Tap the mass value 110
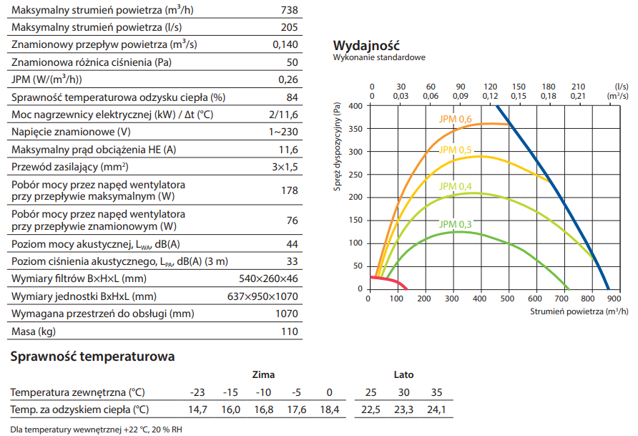pos(290,332)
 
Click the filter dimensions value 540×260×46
pos(268,278)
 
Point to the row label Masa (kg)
pos(34,332)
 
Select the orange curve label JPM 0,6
pos(456,119)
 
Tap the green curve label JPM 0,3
pos(456,224)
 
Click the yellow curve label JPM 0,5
pos(456,150)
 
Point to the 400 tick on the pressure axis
pos(355,106)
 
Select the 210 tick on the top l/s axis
pos(579,86)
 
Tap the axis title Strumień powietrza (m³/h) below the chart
pos(579,312)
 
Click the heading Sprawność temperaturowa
pos(92,356)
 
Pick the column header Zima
pos(263,374)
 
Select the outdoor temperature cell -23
pos(197,392)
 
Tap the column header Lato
pos(403,374)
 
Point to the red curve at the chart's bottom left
pos(390,280)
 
